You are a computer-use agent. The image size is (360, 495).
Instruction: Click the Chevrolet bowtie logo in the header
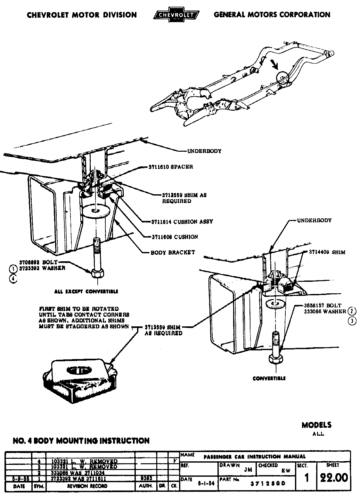pyautogui.click(x=176, y=15)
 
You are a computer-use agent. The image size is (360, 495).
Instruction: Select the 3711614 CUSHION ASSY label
pyautogui.click(x=182, y=222)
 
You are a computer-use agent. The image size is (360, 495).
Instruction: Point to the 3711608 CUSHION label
pyautogui.click(x=175, y=237)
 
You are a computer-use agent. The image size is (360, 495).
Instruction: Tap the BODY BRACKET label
pyautogui.click(x=173, y=252)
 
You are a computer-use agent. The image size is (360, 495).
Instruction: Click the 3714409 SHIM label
pyautogui.click(x=327, y=252)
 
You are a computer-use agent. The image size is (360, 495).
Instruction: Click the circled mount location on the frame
pyautogui.click(x=282, y=77)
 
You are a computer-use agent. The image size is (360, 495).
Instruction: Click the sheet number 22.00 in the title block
pyautogui.click(x=333, y=477)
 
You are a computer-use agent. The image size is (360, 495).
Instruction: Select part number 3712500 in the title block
pyautogui.click(x=268, y=483)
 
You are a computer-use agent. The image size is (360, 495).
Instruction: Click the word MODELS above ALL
pyautogui.click(x=316, y=425)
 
